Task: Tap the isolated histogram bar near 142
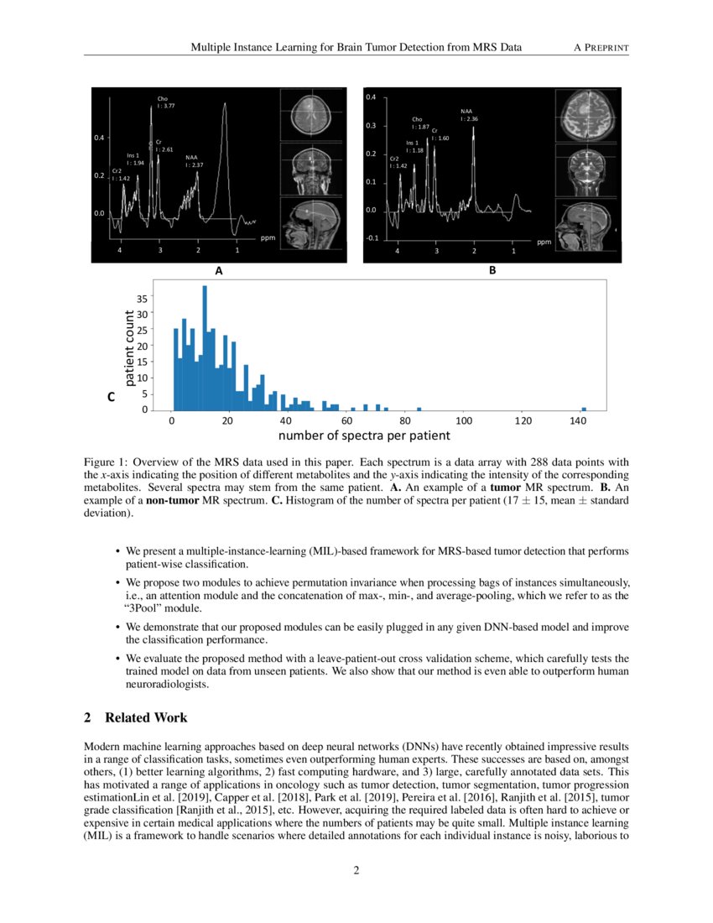583,409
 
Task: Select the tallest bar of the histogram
205,347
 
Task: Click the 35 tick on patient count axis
142,298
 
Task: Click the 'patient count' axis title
130,348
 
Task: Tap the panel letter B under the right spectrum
492,271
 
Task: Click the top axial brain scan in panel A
311,116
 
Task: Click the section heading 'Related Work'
146,717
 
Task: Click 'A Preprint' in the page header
601,47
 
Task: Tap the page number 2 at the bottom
356,870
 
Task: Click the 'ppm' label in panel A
268,237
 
